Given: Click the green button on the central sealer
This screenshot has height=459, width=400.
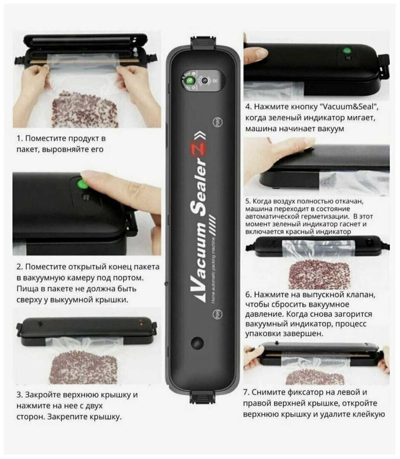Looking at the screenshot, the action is [x=190, y=80].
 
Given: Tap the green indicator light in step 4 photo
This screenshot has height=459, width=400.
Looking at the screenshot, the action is [x=347, y=50].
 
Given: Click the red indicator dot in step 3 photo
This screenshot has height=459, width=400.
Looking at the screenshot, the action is [x=141, y=324].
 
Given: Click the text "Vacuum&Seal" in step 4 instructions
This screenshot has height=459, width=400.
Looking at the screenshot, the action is [x=347, y=106].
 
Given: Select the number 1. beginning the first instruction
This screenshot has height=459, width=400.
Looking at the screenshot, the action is [x=19, y=138].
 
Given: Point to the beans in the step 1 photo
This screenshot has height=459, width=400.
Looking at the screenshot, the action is [x=85, y=109].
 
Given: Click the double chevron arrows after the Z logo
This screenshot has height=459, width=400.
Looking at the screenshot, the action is [x=200, y=136].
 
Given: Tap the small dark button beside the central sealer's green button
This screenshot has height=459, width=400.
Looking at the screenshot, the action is [x=204, y=80].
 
